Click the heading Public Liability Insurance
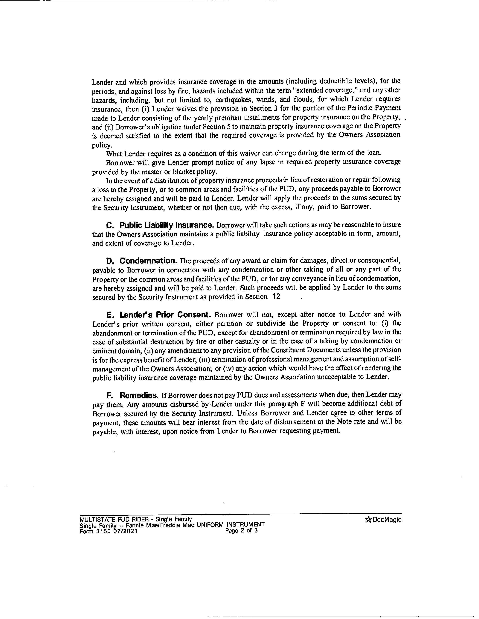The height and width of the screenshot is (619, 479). pyautogui.click(x=167, y=225)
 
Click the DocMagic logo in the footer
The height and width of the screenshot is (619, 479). pyautogui.click(x=384, y=520)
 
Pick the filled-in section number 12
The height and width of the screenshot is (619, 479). pyautogui.click(x=276, y=296)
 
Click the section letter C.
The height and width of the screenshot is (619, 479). pyautogui.click(x=110, y=226)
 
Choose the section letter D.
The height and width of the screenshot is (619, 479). pyautogui.click(x=110, y=261)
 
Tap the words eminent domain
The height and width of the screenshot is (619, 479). pyautogui.click(x=117, y=351)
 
